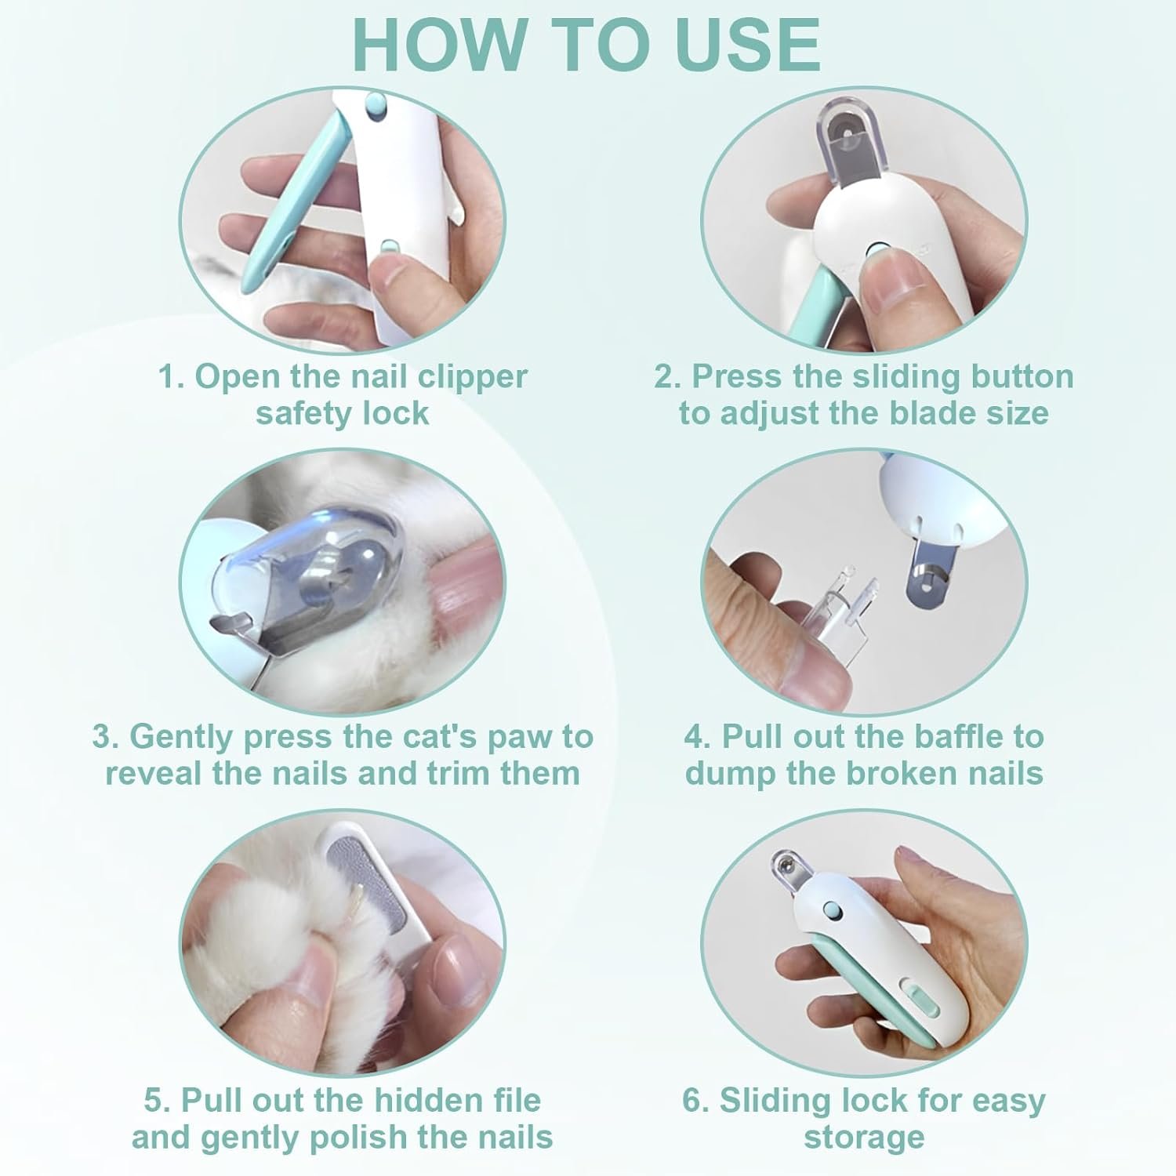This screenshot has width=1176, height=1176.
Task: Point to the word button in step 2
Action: click(1022, 377)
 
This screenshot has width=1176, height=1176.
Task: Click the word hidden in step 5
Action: click(421, 1100)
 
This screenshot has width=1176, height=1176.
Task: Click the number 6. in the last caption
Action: click(696, 1101)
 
